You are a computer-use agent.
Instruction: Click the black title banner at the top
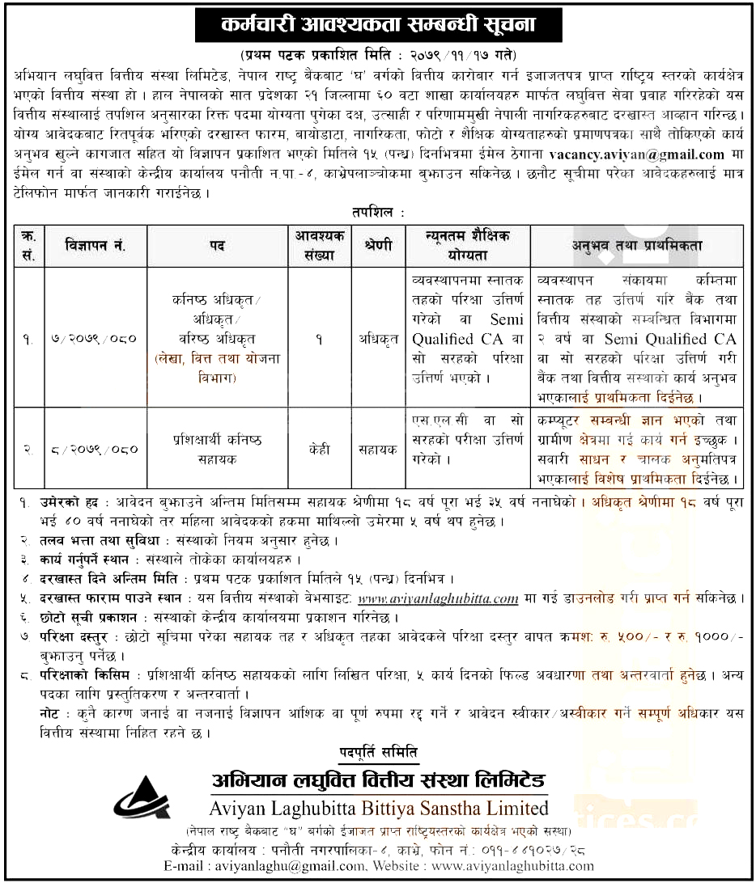(x=378, y=27)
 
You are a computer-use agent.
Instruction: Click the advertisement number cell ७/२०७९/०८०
(x=96, y=340)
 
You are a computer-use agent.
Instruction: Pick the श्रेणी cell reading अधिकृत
(x=378, y=340)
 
